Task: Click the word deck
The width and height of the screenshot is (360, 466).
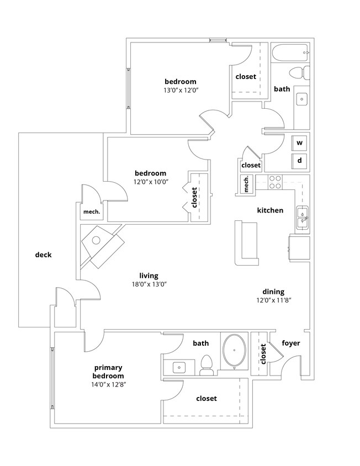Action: (43, 255)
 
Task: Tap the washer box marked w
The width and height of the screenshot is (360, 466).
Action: (300, 143)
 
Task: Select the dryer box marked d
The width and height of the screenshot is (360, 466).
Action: (300, 161)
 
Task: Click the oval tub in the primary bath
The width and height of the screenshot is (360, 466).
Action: (235, 350)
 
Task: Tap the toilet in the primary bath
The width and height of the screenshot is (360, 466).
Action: (207, 365)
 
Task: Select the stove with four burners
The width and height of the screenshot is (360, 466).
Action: (275, 182)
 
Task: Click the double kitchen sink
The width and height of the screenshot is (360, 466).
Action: (303, 217)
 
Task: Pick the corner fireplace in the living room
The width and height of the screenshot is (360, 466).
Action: (100, 243)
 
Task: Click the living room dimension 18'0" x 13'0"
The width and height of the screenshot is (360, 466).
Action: (149, 284)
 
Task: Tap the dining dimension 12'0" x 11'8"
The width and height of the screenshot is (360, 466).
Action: (273, 300)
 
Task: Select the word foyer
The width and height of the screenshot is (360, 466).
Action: (291, 343)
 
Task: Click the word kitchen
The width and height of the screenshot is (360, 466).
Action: (270, 210)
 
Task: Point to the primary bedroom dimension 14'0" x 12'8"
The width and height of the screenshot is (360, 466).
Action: (108, 384)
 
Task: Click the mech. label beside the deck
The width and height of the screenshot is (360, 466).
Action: (91, 211)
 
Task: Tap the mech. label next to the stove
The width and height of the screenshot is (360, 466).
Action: (246, 184)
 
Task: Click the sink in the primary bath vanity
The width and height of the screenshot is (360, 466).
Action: (178, 367)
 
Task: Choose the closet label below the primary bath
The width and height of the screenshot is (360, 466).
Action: (206, 398)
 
